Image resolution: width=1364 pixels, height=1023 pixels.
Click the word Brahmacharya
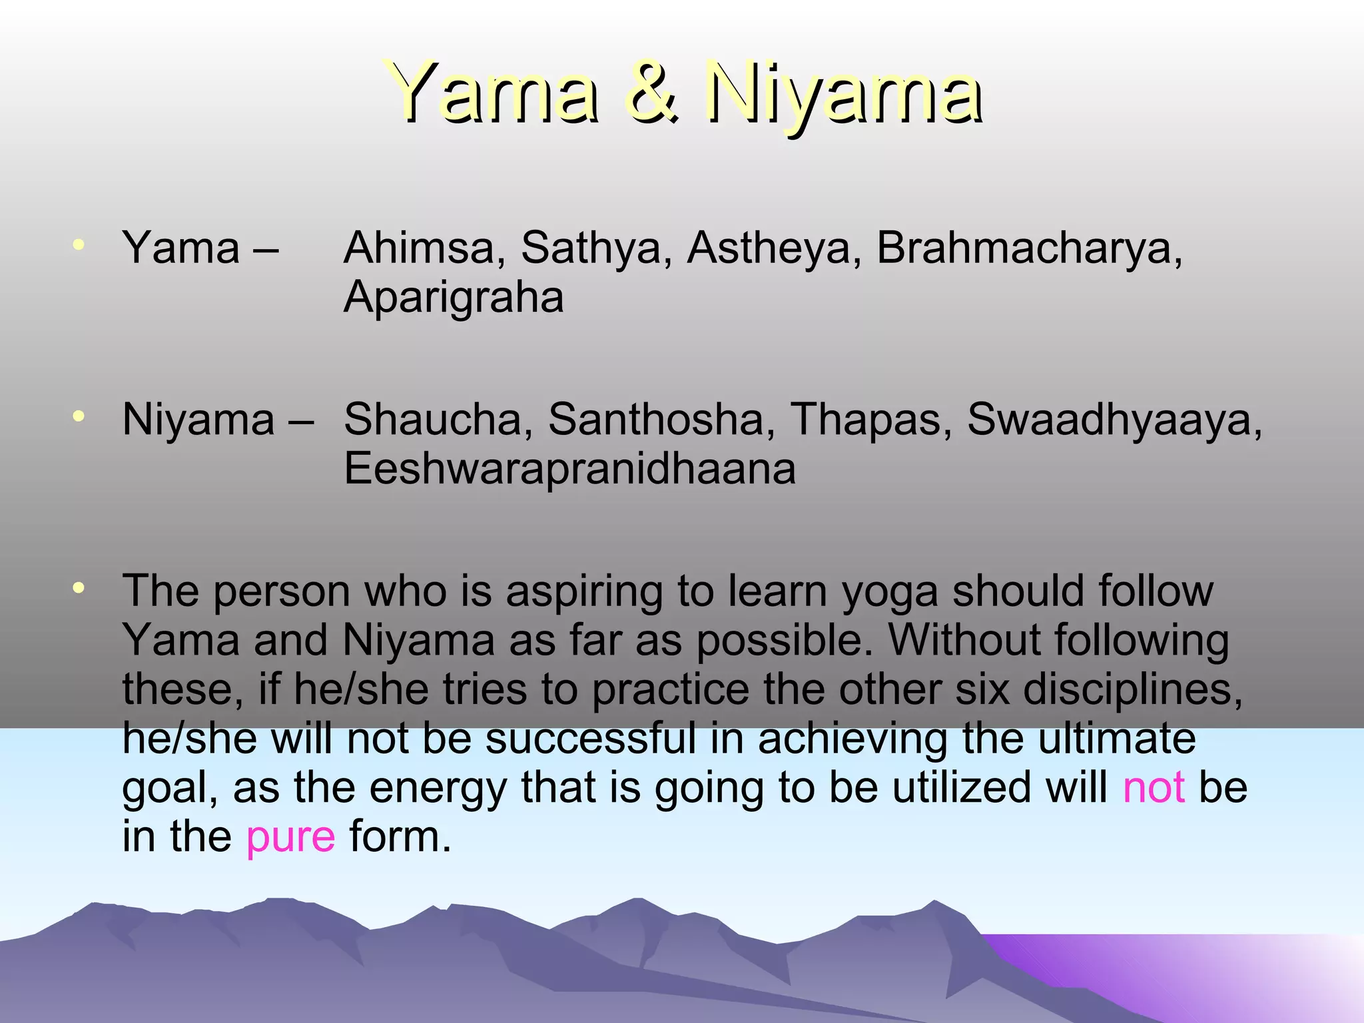(x=1029, y=248)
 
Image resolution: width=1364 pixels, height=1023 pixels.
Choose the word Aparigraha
(x=454, y=298)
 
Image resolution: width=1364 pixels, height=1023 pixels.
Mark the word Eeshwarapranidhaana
(x=569, y=469)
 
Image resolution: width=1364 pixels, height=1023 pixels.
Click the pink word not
(x=1154, y=788)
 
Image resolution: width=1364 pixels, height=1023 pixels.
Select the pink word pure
(x=290, y=838)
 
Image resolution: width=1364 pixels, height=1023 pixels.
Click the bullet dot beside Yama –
(x=79, y=245)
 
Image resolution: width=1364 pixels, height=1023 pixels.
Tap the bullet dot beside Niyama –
(x=79, y=417)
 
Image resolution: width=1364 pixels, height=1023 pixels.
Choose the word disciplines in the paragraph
(x=1132, y=689)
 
